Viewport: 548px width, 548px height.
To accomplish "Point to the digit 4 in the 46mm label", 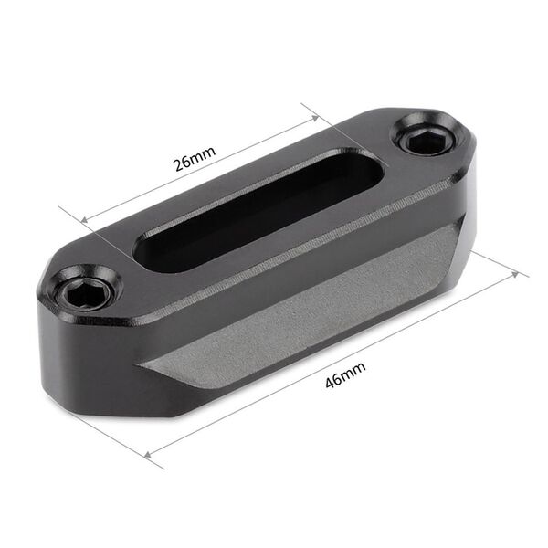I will [330, 380].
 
